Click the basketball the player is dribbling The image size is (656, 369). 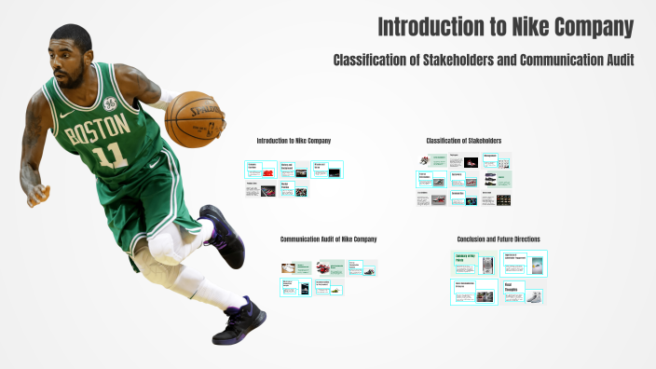[195, 118]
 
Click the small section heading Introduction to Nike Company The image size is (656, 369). [294, 141]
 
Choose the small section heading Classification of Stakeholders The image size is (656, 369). [464, 141]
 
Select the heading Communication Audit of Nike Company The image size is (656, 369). [328, 239]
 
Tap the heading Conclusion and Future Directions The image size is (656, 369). [499, 239]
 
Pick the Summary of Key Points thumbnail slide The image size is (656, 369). [474, 263]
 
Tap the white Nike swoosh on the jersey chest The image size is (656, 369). [64, 116]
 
